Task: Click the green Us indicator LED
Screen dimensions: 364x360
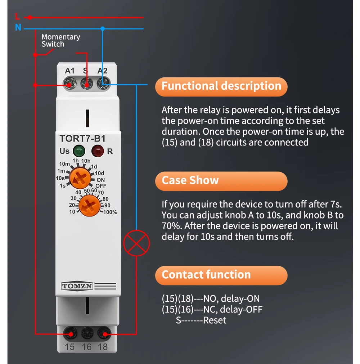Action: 77,151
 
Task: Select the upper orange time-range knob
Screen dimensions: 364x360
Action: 80,178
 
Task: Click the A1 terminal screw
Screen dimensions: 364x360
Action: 69,85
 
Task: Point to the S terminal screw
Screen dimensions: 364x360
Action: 86,85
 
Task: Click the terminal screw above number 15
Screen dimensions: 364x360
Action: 71,334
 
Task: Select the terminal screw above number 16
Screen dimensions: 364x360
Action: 86,334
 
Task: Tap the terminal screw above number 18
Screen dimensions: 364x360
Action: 103,334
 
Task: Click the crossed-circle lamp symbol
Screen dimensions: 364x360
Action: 136,243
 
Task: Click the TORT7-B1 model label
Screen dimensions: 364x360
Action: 82,139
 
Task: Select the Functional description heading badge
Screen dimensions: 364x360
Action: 221,86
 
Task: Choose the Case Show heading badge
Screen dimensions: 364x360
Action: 221,181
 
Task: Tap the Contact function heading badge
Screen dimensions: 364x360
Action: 221,275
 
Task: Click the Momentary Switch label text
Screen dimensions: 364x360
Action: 60,40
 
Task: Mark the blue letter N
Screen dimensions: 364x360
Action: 18,27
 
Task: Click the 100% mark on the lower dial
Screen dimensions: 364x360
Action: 110,212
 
